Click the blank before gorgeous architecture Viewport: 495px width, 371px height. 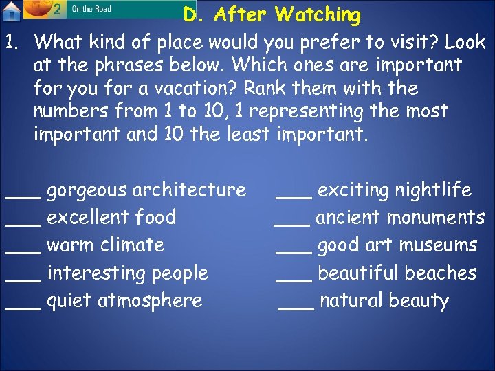(x=23, y=197)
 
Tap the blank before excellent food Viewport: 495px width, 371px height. (x=23, y=225)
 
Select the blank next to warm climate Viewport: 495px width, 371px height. (x=23, y=252)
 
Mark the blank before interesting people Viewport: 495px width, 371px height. (x=23, y=280)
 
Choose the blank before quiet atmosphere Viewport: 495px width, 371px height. (x=23, y=308)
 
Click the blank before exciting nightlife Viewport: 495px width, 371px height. (x=294, y=197)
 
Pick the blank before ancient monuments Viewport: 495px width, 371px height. (x=291, y=225)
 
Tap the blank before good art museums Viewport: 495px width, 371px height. (x=294, y=252)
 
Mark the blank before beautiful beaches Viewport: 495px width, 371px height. (x=294, y=280)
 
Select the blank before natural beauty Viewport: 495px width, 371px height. (x=296, y=308)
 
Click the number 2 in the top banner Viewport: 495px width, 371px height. (x=58, y=9)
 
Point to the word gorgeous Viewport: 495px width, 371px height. (x=87, y=190)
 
